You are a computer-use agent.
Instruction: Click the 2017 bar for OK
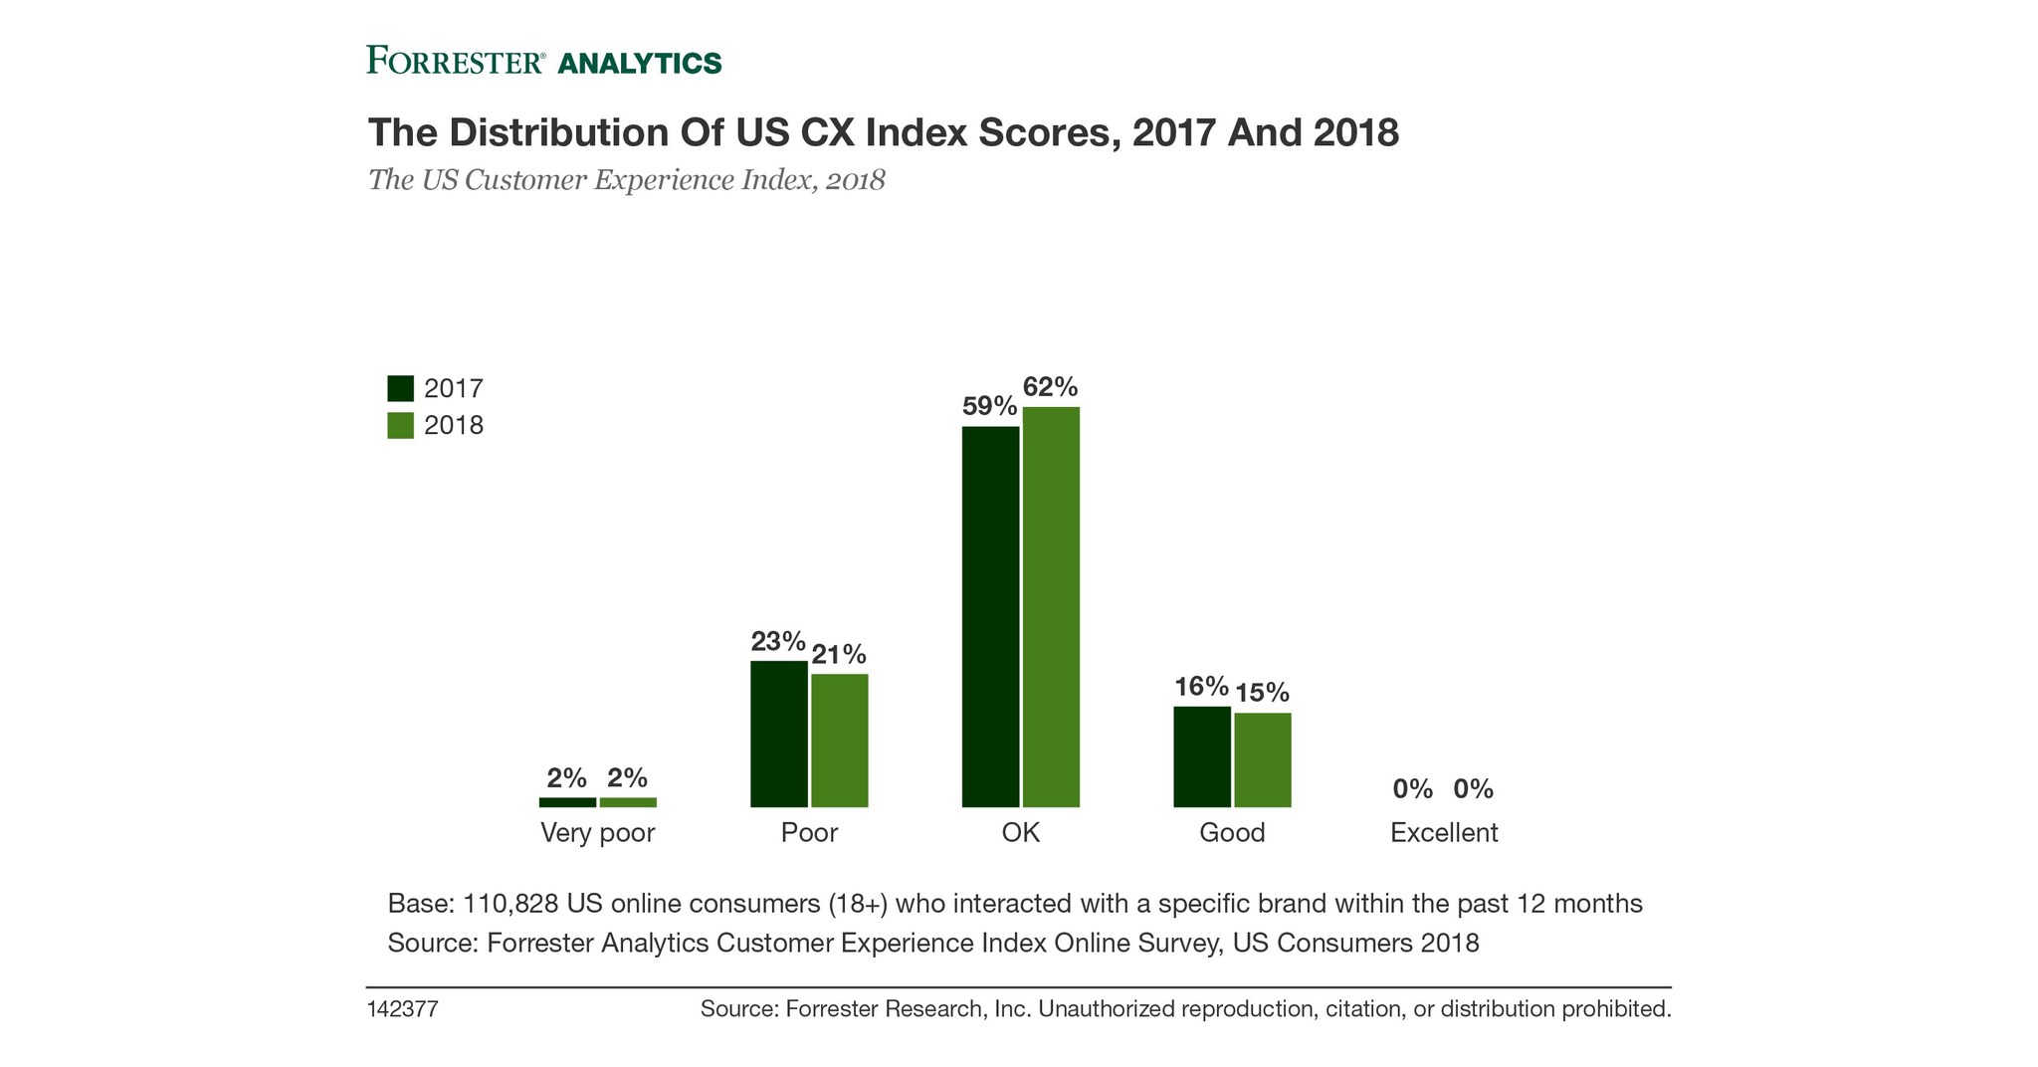pos(990,616)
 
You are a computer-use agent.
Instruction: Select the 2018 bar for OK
pos(1051,606)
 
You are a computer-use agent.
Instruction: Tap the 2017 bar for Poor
pos(778,734)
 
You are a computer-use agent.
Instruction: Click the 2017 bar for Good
pos(1201,756)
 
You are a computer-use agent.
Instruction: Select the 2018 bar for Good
pos(1262,759)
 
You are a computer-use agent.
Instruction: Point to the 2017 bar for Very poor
pos(567,802)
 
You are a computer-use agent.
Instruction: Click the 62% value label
pos(1050,386)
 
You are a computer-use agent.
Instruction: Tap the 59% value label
pos(989,406)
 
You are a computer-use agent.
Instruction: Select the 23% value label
pos(777,641)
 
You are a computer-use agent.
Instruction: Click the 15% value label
pos(1262,692)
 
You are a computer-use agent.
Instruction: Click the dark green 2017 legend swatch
pos(400,388)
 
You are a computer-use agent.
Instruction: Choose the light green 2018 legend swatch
pos(400,426)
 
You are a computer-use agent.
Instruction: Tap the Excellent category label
pos(1443,833)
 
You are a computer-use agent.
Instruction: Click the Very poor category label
pos(597,833)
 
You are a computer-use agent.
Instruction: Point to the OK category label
pos(1020,833)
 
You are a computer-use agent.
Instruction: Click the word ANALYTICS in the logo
pos(639,63)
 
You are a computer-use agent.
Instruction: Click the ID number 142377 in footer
pos(403,1009)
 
